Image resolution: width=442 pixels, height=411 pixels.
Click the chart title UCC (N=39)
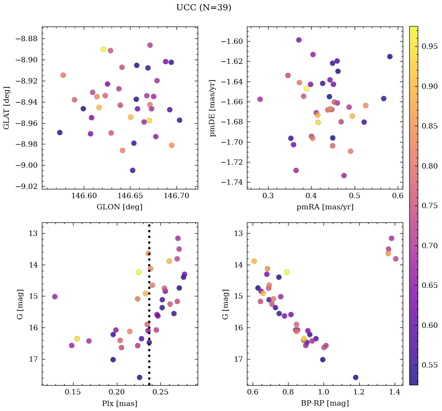coord(203,8)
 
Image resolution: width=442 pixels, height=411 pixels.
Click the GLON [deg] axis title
coord(119,207)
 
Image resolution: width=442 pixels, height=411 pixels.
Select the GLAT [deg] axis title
coord(7,108)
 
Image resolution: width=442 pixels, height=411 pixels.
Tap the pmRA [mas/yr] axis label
coord(325,207)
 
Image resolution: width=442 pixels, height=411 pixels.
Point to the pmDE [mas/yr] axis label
coord(212,108)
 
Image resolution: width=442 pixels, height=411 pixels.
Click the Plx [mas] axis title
coord(119,403)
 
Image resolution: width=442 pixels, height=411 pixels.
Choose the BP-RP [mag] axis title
coord(325,403)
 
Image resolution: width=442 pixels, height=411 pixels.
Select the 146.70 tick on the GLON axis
coord(177,196)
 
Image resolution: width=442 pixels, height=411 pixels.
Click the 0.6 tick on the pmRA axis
coord(398,196)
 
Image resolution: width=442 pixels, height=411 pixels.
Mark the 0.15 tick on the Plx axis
coord(73,392)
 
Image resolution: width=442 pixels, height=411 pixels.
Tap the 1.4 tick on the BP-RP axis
coord(394,392)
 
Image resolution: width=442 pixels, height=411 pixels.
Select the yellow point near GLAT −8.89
coord(103,49)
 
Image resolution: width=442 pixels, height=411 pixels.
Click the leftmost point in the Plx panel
coord(55,297)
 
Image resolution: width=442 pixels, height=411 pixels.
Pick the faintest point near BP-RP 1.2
coord(355,378)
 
